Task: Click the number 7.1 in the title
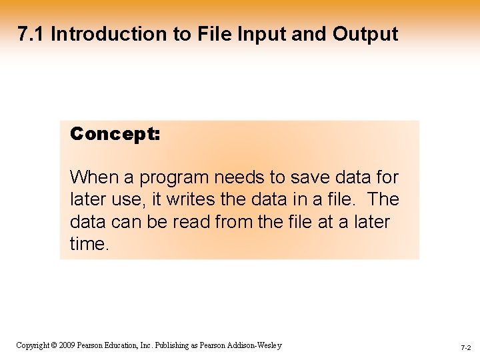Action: [x=31, y=34]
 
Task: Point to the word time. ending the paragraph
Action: [x=89, y=243]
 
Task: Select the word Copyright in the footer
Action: [x=32, y=345]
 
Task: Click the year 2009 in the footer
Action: [x=67, y=345]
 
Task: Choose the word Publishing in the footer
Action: [x=177, y=345]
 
